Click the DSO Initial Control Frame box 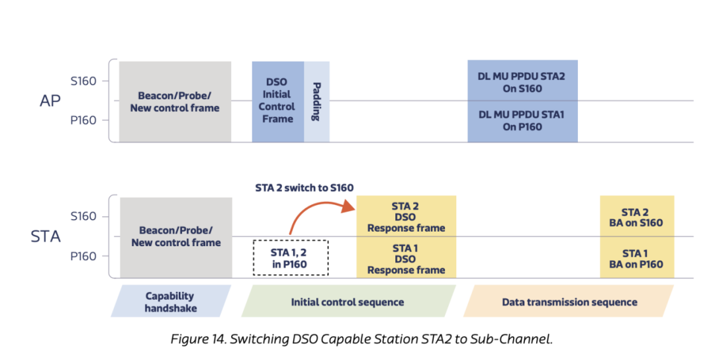(277, 102)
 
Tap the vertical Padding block (317, 102)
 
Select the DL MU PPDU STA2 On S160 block (522, 81)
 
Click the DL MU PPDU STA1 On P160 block (522, 121)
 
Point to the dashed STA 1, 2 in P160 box (291, 257)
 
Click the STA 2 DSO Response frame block (406, 216)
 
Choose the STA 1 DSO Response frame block (406, 257)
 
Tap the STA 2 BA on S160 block (637, 216)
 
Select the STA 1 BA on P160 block (637, 257)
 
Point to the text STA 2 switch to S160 (304, 188)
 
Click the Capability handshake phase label (171, 301)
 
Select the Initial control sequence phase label (348, 301)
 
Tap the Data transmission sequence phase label (569, 301)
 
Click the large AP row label (50, 101)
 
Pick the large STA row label (46, 236)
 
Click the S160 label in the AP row (83, 81)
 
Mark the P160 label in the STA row (83, 257)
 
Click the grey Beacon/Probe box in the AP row (175, 102)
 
